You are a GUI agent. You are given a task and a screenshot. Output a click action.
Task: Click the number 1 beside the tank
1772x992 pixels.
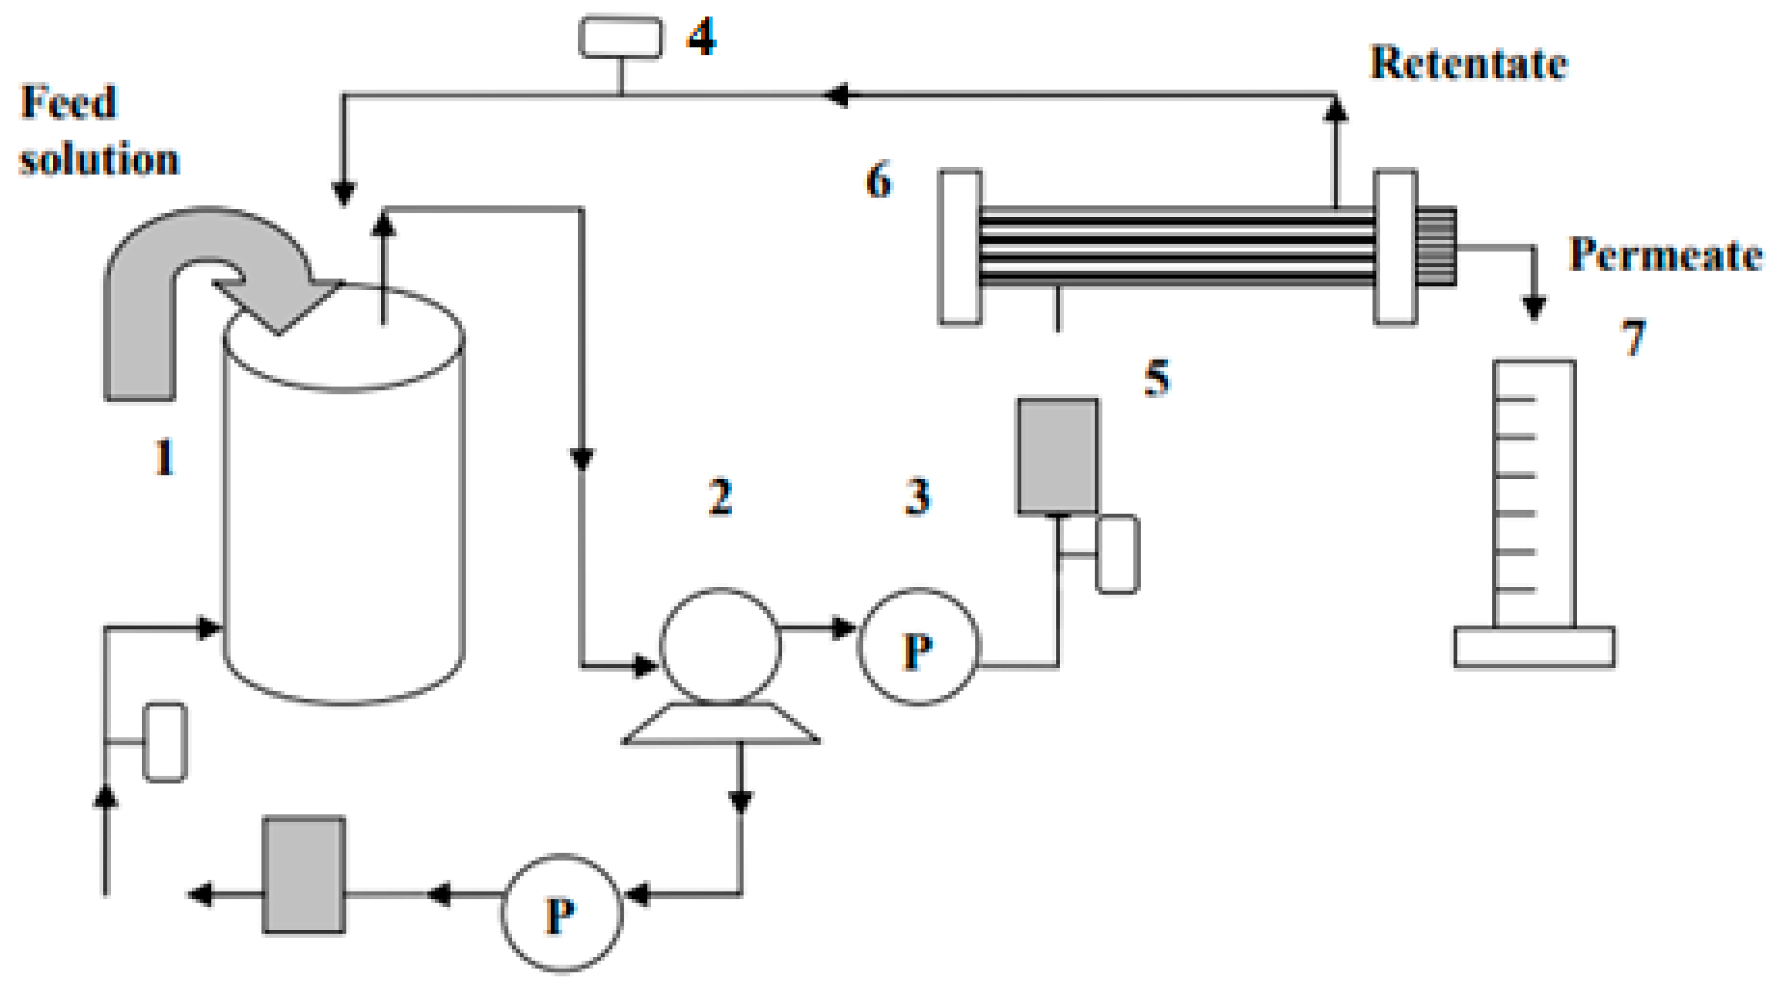(x=164, y=457)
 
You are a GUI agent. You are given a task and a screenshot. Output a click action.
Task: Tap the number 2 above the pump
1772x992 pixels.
(x=720, y=496)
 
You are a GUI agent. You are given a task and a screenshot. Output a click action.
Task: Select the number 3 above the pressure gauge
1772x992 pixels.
(x=917, y=496)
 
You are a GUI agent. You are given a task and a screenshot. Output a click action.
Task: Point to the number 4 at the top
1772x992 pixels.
(x=702, y=37)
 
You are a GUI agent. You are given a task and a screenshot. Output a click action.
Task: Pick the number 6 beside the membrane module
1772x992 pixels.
(x=878, y=180)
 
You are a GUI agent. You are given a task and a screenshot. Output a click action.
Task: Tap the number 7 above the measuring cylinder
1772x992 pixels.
(x=1634, y=338)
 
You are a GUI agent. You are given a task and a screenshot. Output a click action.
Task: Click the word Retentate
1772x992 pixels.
(x=1469, y=63)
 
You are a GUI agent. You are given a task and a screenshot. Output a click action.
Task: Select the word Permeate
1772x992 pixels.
(x=1665, y=255)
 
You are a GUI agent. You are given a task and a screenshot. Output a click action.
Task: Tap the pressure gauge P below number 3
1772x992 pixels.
(x=918, y=647)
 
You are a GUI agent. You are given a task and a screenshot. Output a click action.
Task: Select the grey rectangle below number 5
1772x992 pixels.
(x=1057, y=456)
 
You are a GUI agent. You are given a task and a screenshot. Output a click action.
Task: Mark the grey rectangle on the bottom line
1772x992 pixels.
(x=304, y=875)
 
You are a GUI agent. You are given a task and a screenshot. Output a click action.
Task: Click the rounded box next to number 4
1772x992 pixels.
(x=621, y=38)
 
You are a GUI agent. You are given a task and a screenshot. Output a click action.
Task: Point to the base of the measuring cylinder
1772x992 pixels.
(x=1535, y=647)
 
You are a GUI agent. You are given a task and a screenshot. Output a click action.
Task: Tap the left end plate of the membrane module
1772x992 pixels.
(x=959, y=247)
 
